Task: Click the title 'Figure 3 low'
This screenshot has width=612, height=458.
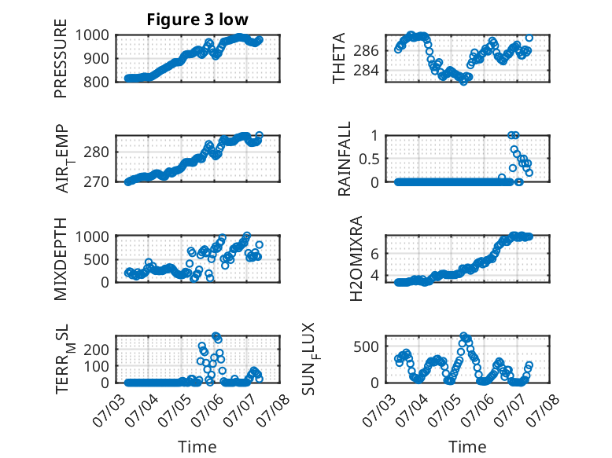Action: (197, 20)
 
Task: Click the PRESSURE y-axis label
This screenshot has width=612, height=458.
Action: (61, 58)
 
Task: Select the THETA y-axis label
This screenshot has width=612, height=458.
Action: (339, 58)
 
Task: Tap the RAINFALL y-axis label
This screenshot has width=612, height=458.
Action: (345, 159)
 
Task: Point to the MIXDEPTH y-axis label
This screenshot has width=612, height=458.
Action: (61, 259)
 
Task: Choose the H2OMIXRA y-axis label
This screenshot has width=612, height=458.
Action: (356, 258)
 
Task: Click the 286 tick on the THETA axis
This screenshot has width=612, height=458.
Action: (366, 51)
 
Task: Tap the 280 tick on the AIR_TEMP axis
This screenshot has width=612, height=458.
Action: (96, 152)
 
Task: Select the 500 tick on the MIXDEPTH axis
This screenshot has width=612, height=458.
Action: (96, 259)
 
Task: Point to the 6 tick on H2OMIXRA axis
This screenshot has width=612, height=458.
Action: (374, 254)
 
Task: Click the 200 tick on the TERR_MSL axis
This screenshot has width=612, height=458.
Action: (96, 350)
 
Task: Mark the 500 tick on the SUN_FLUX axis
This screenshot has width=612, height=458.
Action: (366, 346)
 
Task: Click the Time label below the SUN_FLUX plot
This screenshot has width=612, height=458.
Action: (467, 446)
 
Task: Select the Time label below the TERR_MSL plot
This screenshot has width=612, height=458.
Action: (197, 446)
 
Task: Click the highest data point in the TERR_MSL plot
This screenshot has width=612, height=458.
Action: (216, 335)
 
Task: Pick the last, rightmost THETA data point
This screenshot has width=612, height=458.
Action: (529, 38)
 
